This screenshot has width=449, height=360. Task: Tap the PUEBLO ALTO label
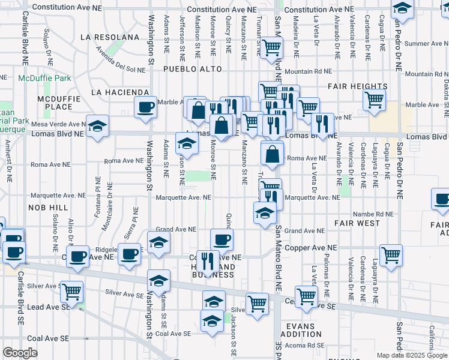click(x=190, y=69)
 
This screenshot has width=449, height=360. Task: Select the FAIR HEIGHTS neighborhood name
click(x=357, y=86)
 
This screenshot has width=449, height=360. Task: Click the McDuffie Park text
click(x=44, y=78)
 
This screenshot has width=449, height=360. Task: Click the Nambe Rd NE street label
click(x=373, y=214)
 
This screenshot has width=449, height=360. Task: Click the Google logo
click(x=20, y=353)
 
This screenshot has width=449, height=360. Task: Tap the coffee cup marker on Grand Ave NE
click(x=221, y=239)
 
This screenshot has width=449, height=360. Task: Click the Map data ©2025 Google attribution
click(x=411, y=355)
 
